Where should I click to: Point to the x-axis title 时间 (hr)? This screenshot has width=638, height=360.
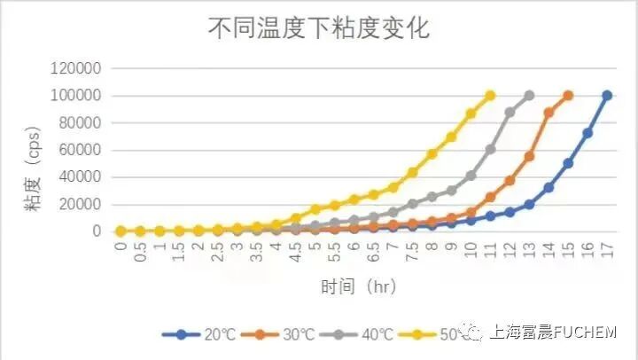tap(358, 287)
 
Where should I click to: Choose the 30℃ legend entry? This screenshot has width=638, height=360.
tap(281, 334)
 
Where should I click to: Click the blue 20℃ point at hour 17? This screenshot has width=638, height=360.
tap(607, 95)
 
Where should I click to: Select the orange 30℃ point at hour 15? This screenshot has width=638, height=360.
tap(568, 95)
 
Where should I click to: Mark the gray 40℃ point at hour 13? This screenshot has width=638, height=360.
tap(529, 95)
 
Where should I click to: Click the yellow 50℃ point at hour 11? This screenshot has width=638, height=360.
tap(490, 95)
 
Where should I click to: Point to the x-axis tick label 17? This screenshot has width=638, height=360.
tap(607, 248)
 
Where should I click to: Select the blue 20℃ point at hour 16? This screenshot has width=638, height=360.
tap(587, 133)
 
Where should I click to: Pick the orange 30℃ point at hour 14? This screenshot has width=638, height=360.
tap(549, 113)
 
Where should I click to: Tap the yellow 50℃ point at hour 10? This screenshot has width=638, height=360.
tap(471, 113)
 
